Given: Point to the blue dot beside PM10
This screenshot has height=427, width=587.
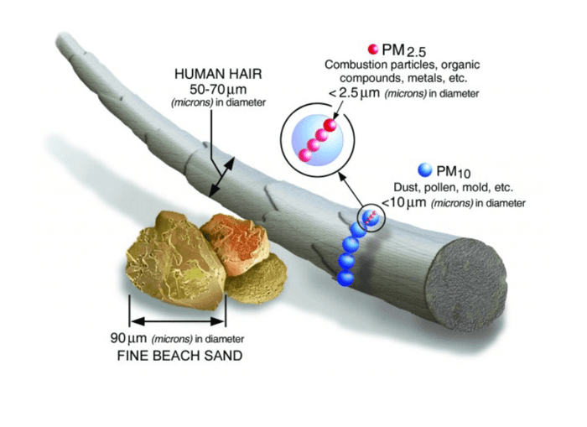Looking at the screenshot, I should pos(424,171).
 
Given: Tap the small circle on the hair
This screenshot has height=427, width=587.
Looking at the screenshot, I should pos(370,218).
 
